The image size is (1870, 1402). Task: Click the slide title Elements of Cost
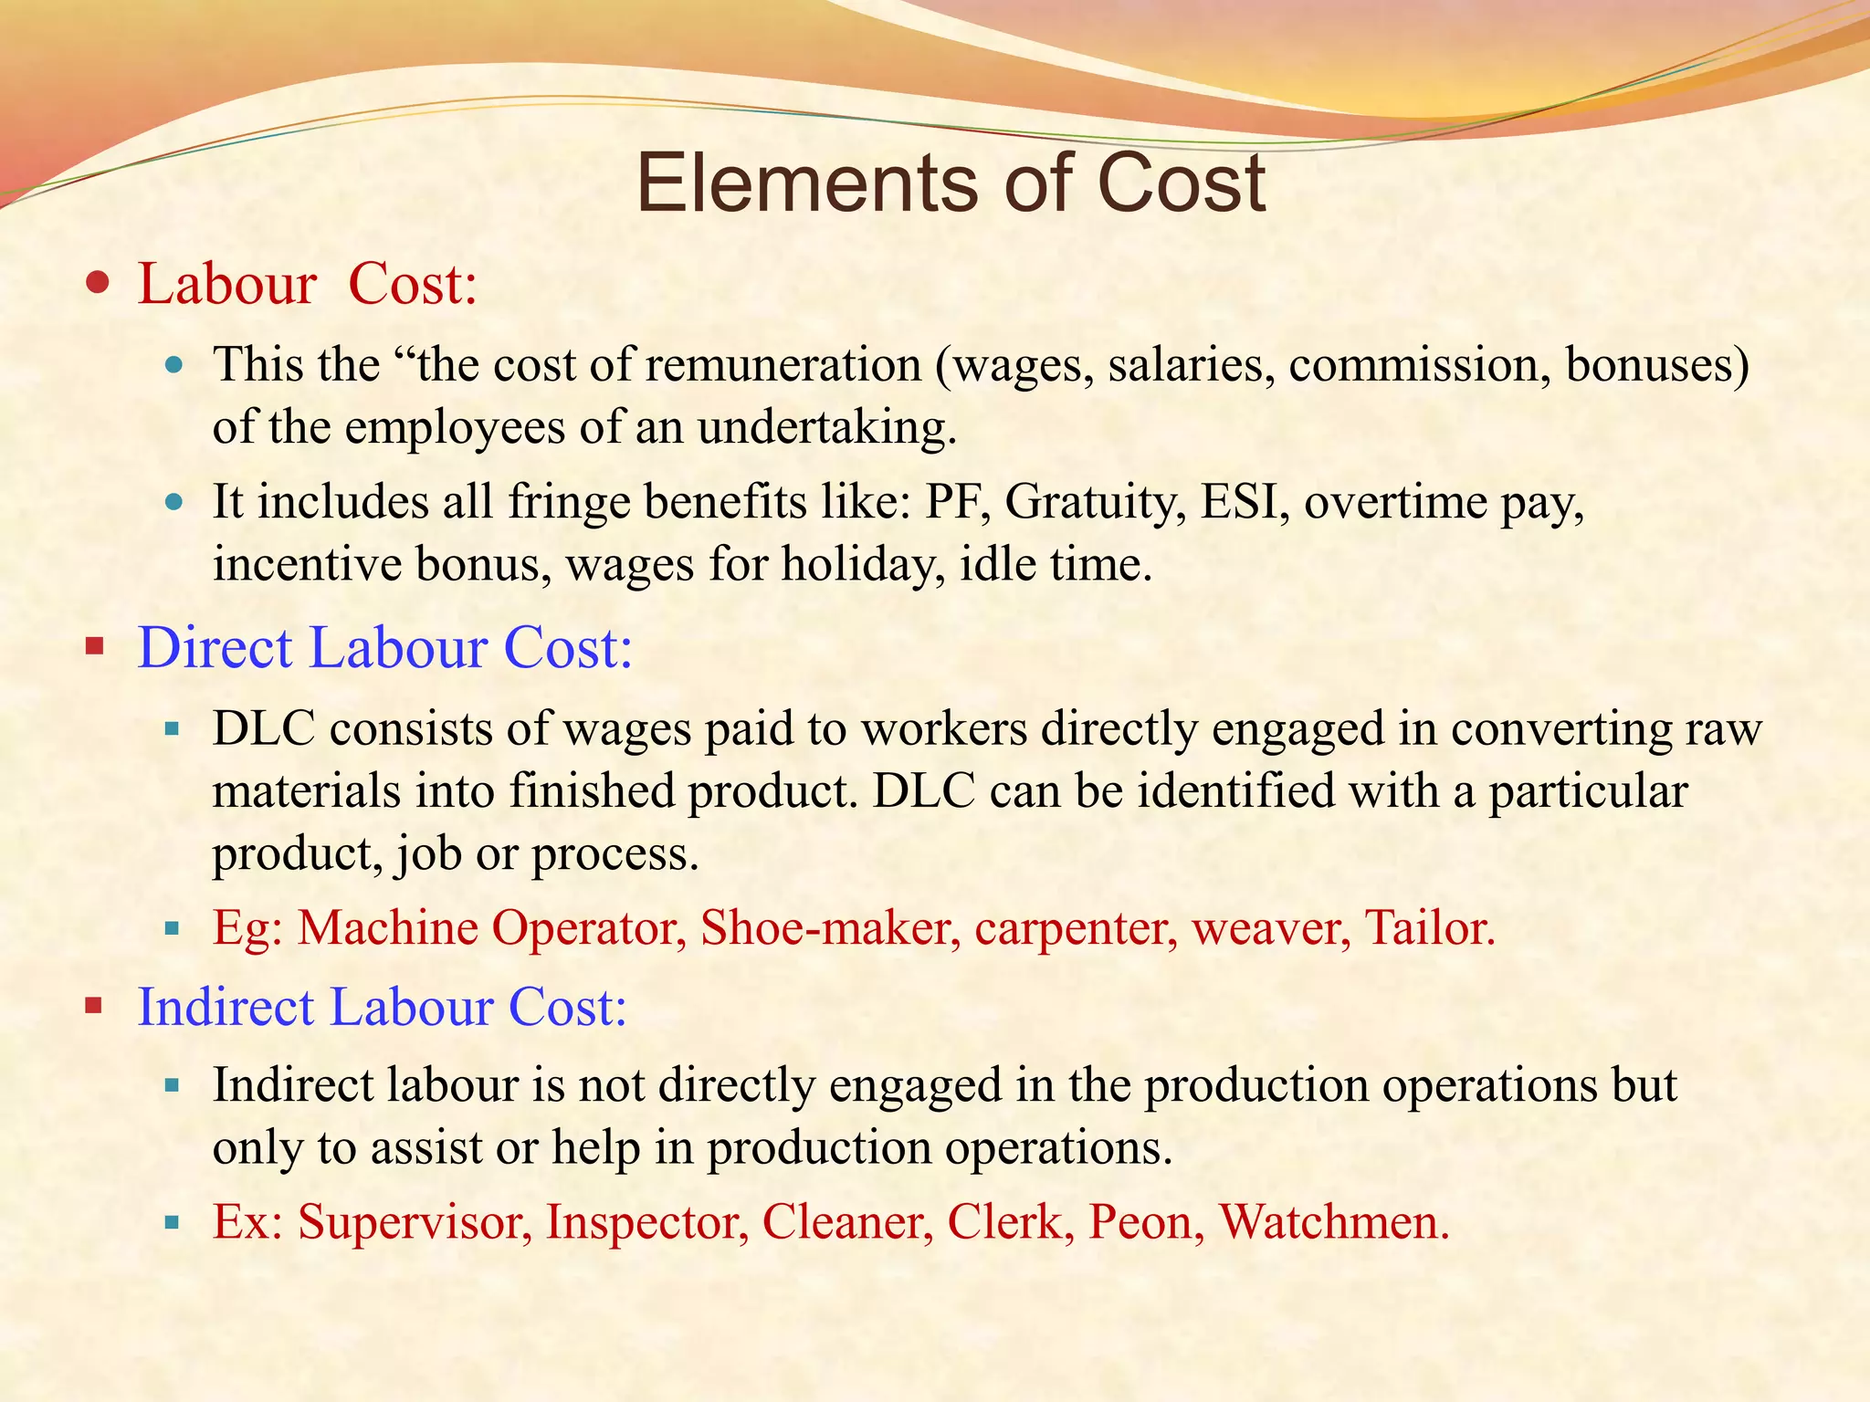click(950, 183)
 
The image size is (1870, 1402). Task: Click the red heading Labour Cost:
click(308, 284)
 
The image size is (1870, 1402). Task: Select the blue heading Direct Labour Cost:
click(384, 648)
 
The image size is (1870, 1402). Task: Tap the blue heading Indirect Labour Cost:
click(382, 1008)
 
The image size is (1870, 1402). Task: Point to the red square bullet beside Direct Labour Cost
click(94, 648)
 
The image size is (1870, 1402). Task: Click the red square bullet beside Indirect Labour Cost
click(94, 1008)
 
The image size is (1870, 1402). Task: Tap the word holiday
click(863, 564)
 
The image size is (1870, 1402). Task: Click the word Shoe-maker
click(830, 928)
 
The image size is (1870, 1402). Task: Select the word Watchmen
click(1334, 1222)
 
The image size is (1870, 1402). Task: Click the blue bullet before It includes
click(174, 502)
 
